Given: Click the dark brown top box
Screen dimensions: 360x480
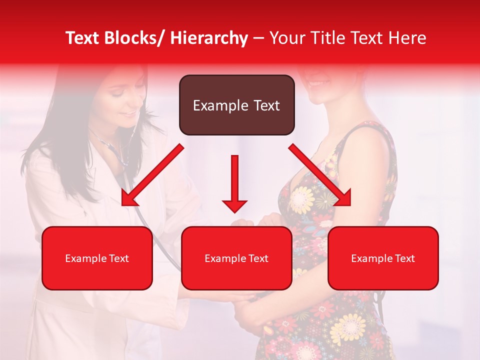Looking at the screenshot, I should click(x=236, y=105).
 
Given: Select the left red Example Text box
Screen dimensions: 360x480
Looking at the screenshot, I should click(x=97, y=258).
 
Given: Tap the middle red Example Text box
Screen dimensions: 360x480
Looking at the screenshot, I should click(x=236, y=258).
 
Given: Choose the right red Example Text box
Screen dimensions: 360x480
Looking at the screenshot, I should click(x=383, y=258).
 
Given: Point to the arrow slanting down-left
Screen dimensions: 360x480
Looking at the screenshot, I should click(x=152, y=175).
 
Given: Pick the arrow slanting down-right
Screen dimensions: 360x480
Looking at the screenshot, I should click(x=320, y=175).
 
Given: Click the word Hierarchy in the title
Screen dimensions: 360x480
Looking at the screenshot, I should click(x=209, y=38).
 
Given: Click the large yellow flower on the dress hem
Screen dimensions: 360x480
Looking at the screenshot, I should click(x=348, y=327).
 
